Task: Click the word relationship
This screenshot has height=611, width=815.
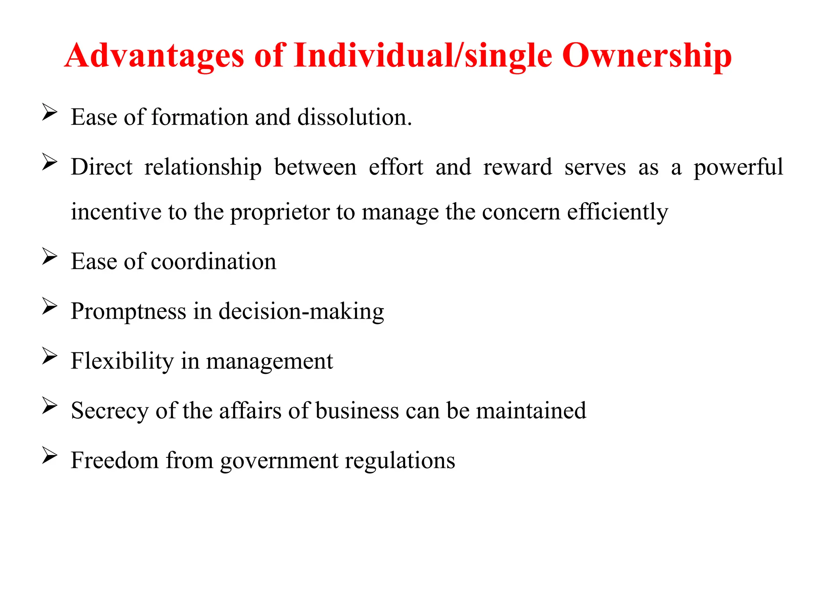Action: coord(203,167)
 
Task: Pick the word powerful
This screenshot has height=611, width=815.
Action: coord(738,167)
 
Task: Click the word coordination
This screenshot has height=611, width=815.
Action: coord(213,261)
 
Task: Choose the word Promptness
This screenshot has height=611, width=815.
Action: coord(129,311)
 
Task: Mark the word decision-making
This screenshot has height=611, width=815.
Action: coord(301,311)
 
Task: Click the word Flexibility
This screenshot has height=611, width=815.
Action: coord(122,361)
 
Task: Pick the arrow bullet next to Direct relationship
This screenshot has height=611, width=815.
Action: coord(50,162)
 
